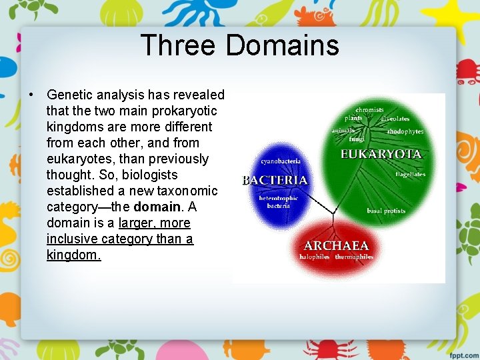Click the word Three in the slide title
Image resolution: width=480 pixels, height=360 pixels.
click(x=178, y=46)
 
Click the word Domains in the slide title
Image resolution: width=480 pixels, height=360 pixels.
click(x=282, y=46)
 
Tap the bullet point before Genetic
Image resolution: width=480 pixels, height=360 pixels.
click(x=31, y=95)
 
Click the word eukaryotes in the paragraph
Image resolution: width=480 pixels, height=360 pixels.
click(x=79, y=159)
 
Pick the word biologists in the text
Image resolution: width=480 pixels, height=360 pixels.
click(x=146, y=175)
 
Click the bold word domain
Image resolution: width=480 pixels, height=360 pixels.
click(x=157, y=207)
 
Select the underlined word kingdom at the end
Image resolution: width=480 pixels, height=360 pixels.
click(x=73, y=255)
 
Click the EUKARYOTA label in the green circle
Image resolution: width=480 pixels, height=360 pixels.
click(x=381, y=154)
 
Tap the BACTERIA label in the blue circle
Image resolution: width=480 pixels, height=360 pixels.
click(x=275, y=180)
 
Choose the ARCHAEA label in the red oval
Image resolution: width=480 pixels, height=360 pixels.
click(x=336, y=245)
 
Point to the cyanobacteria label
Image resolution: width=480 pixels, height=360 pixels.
click(x=281, y=161)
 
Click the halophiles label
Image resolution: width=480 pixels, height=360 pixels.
click(x=315, y=257)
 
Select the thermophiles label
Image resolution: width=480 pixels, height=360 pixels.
click(x=353, y=257)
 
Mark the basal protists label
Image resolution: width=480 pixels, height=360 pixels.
click(x=386, y=211)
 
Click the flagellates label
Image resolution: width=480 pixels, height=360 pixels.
click(x=410, y=175)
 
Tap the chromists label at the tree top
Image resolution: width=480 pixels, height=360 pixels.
click(x=369, y=109)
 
